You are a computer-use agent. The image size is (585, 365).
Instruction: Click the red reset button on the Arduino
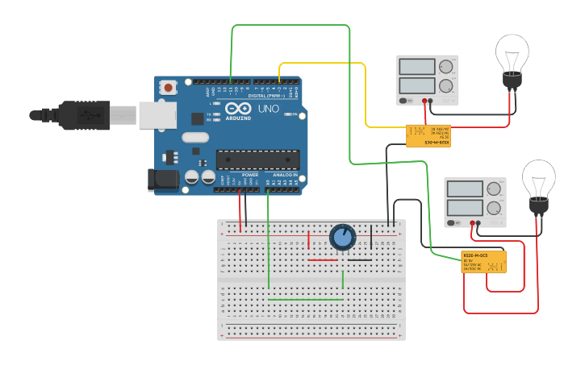(168, 87)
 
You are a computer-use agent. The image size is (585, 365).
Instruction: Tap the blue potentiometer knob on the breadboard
(342, 237)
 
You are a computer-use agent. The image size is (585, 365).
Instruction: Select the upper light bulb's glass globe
(512, 52)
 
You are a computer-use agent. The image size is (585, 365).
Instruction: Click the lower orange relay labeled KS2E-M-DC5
(483, 261)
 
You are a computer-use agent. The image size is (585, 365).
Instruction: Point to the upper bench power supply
(427, 80)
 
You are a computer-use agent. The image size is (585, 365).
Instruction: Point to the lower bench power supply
(474, 202)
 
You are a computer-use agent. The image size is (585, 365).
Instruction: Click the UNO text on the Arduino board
(267, 108)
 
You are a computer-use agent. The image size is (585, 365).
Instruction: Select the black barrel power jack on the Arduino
(162, 180)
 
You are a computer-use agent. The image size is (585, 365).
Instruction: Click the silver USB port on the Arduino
(157, 115)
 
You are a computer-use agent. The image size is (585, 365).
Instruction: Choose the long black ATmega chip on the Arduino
(257, 160)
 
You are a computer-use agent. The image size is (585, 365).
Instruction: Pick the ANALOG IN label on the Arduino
(284, 175)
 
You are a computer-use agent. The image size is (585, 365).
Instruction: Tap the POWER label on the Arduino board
(250, 175)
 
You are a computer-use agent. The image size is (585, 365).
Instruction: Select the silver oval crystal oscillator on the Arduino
(195, 137)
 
